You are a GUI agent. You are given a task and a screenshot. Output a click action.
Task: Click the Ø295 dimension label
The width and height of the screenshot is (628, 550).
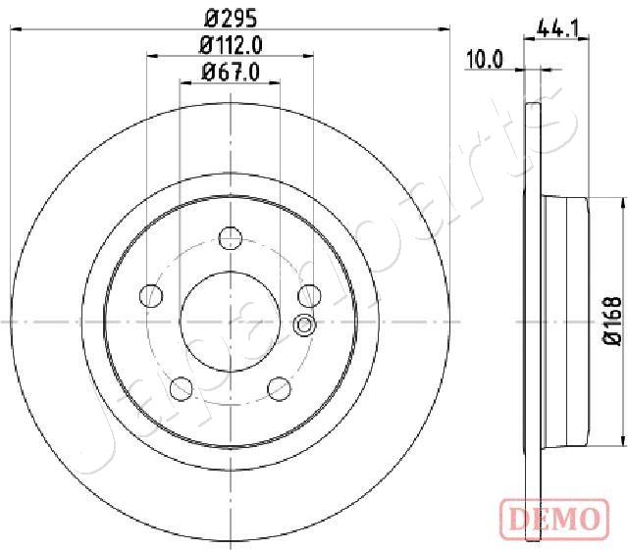pyautogui.click(x=231, y=18)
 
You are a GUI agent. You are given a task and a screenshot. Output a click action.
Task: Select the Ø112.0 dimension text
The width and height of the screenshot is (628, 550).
pyautogui.click(x=232, y=45)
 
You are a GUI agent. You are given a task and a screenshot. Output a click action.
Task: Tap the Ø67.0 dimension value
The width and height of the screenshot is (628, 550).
pyautogui.click(x=232, y=73)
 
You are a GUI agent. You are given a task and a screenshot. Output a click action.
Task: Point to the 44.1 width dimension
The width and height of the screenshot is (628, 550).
pyautogui.click(x=557, y=28)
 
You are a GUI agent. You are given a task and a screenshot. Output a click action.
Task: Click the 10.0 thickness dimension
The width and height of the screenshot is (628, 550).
pyautogui.click(x=484, y=60)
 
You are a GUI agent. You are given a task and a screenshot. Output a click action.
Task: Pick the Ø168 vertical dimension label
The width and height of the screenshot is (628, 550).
pyautogui.click(x=612, y=321)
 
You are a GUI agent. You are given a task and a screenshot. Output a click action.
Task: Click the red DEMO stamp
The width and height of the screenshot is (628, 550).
pyautogui.click(x=554, y=519)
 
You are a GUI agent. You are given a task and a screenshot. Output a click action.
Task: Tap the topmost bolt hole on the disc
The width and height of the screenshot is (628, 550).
pyautogui.click(x=231, y=238)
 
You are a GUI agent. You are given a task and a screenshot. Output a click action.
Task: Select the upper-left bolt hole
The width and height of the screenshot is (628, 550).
pyautogui.click(x=151, y=296)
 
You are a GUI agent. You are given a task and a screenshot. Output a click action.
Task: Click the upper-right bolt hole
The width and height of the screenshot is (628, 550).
pyautogui.click(x=310, y=296)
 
